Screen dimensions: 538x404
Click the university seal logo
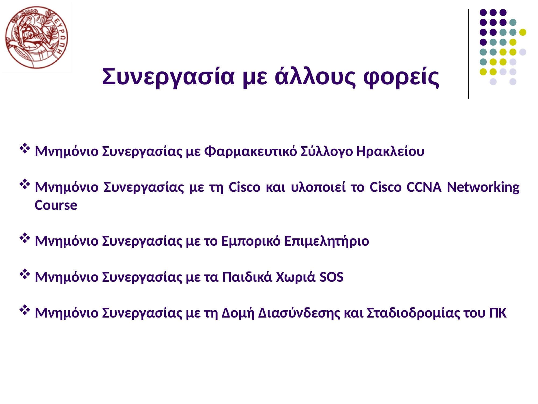(37, 37)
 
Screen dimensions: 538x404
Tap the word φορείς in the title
(401, 77)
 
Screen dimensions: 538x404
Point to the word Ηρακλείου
(390, 151)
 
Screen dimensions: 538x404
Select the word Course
(56, 205)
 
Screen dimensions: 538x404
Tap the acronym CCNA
(424, 187)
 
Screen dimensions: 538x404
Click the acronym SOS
(331, 277)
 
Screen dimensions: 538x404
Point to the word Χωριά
(296, 277)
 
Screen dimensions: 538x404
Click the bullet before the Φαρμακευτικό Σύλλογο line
(24, 149)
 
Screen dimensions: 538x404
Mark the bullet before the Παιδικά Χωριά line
(24, 274)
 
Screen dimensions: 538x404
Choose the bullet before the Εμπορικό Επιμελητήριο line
(24, 238)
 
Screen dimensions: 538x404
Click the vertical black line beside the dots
(469, 54)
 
